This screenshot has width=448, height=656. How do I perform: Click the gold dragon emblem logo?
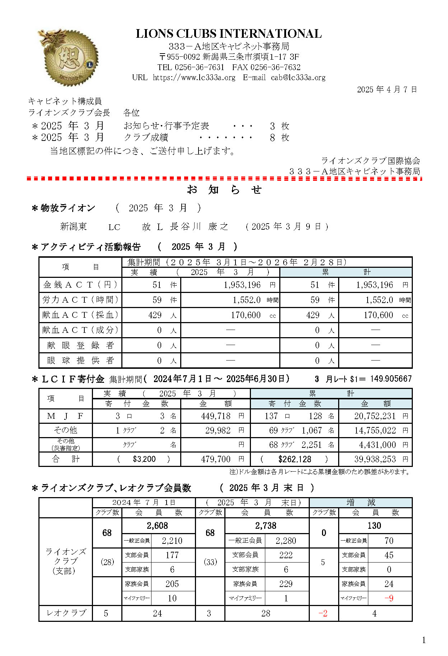tap(68, 57)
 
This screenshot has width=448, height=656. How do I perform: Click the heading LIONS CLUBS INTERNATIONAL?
tap(229, 34)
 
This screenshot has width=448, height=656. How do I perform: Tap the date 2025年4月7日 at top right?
tap(387, 90)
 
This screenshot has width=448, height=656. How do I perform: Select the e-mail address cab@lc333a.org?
tap(298, 78)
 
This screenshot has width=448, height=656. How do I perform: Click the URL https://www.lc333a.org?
tap(194, 78)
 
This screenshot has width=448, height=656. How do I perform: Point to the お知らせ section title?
tap(224, 190)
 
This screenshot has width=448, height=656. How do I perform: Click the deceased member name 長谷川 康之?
tap(199, 226)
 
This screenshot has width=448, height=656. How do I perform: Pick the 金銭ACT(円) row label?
tap(80, 285)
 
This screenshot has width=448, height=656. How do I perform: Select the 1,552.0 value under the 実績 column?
tap(247, 300)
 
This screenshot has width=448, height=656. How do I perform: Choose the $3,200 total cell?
tap(144, 459)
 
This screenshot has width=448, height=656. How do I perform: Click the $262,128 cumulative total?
tap(294, 459)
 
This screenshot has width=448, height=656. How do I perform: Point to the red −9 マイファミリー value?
tap(389, 598)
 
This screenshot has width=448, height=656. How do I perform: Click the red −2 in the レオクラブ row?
tap(323, 614)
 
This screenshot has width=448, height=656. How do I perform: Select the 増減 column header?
tap(360, 503)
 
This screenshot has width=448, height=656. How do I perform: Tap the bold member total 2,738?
tap(266, 526)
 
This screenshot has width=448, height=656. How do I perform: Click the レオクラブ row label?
tap(66, 613)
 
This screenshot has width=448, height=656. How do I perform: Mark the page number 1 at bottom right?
tap(424, 640)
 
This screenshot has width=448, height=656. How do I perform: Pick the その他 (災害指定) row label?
tap(66, 445)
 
